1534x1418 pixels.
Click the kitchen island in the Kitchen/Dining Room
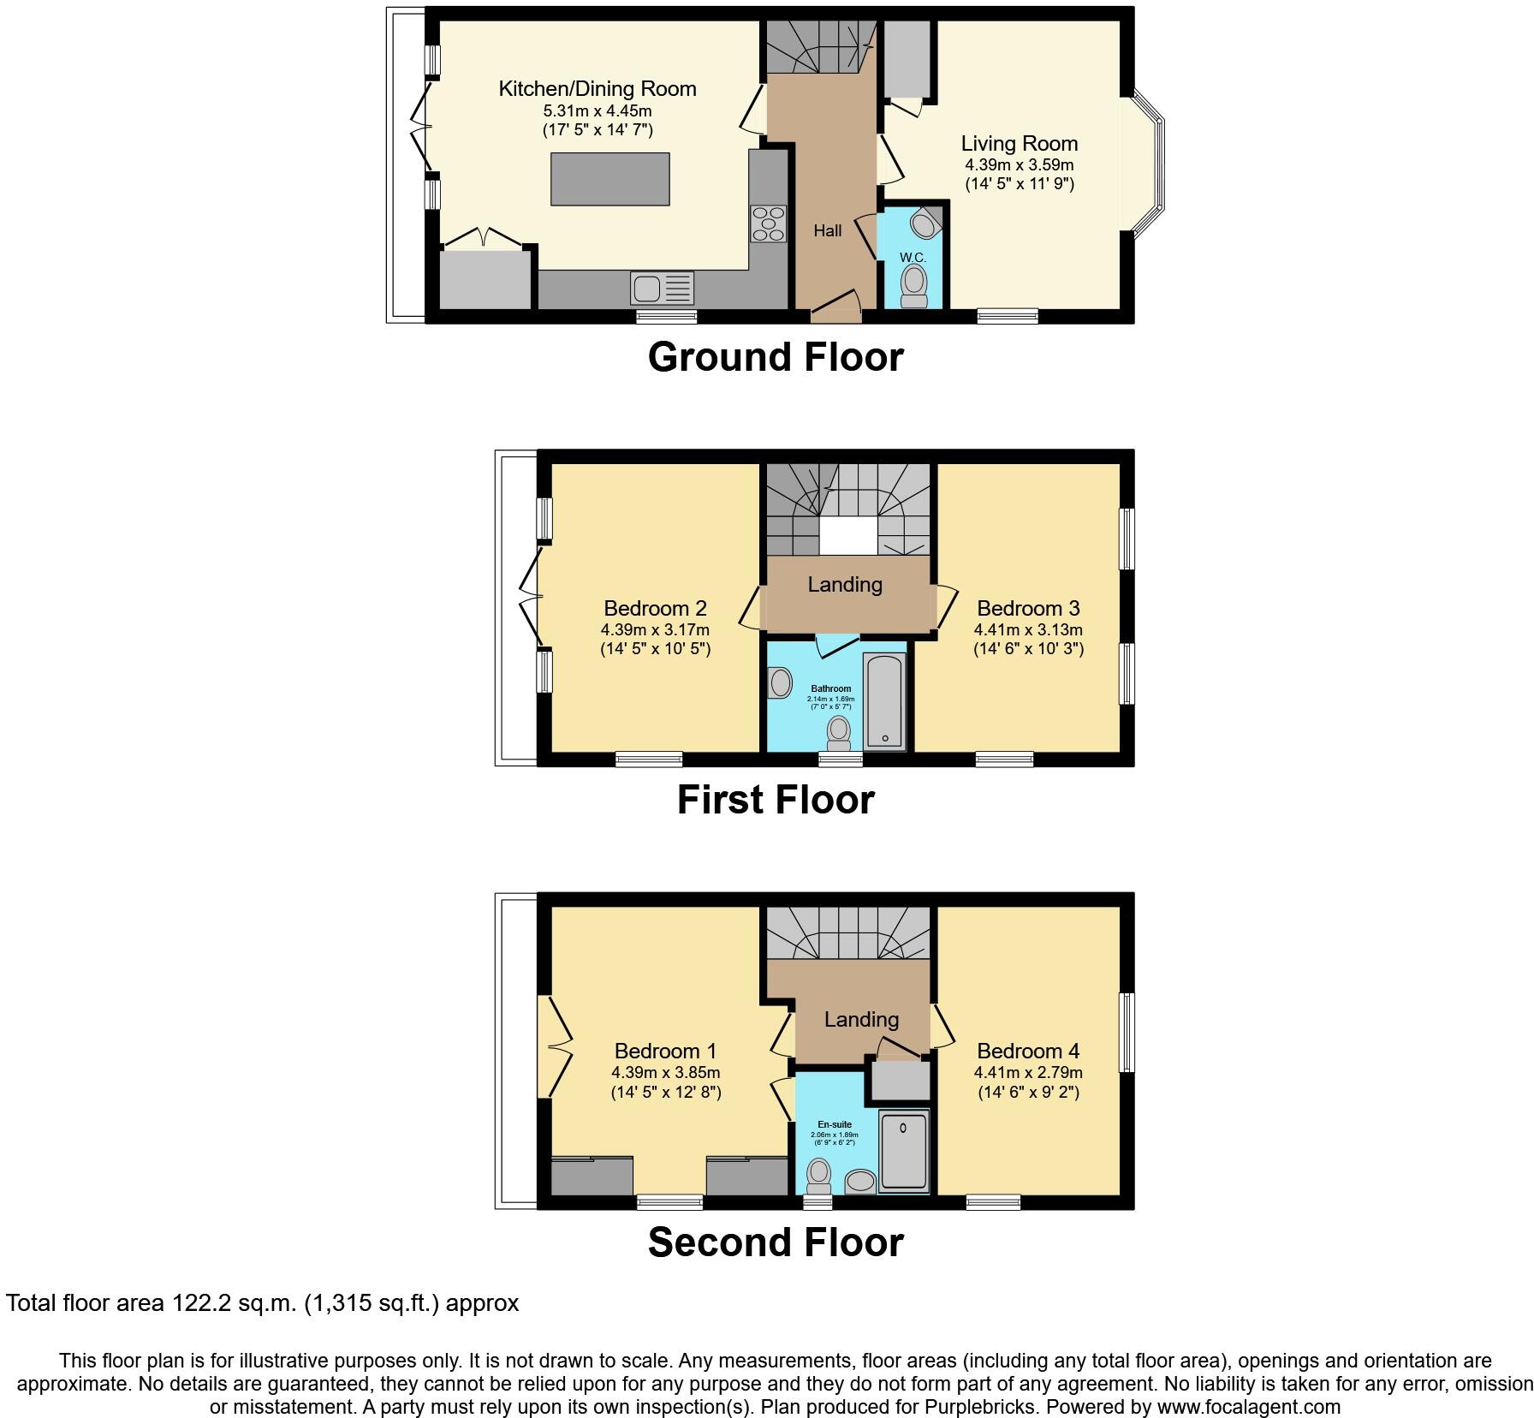(609, 179)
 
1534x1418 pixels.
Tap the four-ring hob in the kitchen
(768, 224)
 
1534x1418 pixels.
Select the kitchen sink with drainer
(662, 289)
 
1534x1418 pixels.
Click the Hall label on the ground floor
(827, 230)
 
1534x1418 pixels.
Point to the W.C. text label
(913, 257)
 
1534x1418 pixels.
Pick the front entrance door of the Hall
(835, 309)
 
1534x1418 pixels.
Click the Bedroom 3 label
(1027, 608)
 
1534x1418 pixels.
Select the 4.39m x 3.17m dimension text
(655, 630)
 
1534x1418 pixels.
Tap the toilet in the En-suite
(819, 1175)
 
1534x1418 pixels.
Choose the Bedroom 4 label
(1027, 1051)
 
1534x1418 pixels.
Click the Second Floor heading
(776, 1242)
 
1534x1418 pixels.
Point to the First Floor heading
(776, 799)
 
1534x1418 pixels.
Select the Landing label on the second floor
(861, 1019)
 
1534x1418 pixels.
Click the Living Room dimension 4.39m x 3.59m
(1019, 164)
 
